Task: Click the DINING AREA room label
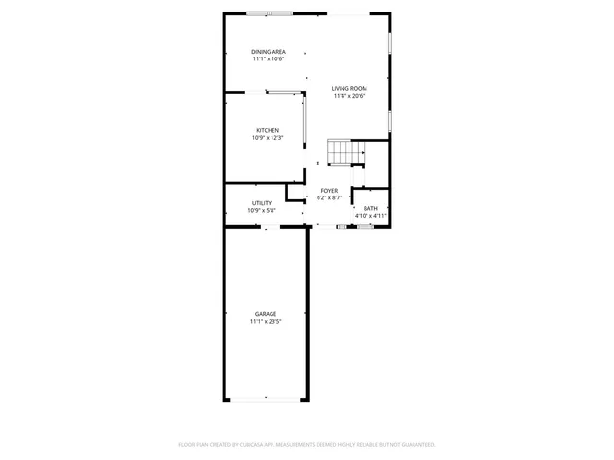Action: pos(269,52)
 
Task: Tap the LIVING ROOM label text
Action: pos(350,89)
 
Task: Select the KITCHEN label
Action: pos(268,130)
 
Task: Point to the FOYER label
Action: pos(329,191)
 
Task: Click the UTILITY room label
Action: pos(262,202)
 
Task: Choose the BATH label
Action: pos(370,208)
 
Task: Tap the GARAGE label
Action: pos(266,314)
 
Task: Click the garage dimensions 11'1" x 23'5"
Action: pos(266,322)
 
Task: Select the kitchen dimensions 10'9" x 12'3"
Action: pos(268,138)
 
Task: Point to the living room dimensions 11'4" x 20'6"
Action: pos(350,97)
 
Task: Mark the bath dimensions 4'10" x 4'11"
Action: pos(370,216)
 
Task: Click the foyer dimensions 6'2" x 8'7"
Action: pos(329,198)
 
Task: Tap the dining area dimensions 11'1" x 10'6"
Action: pos(269,59)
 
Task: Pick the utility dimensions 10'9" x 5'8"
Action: pos(262,210)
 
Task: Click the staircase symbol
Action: pos(345,151)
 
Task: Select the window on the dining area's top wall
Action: pos(270,12)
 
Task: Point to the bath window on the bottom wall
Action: pos(366,226)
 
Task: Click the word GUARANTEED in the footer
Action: pos(414,445)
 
